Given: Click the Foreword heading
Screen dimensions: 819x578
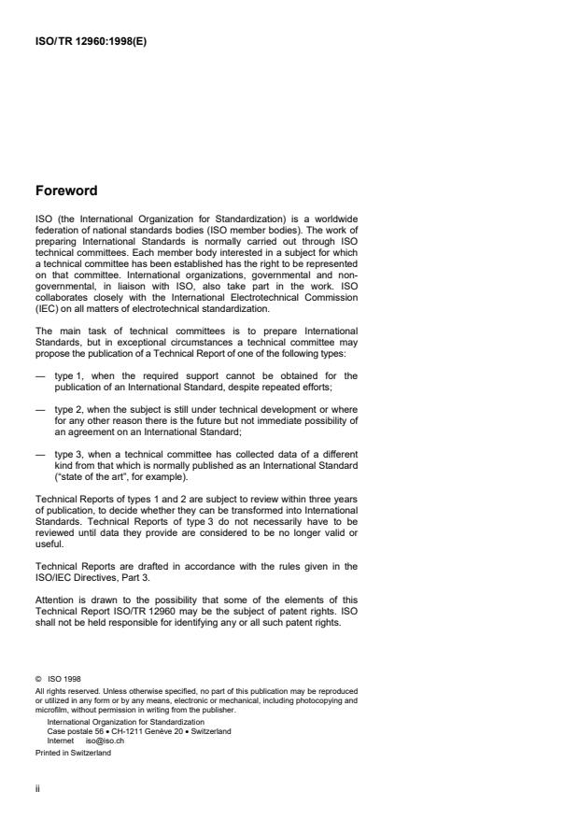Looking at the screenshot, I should click(66, 191).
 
